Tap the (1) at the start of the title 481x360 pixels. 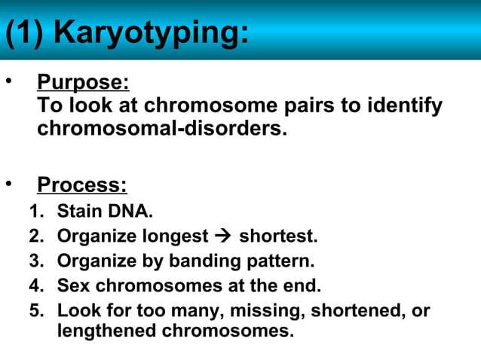[x=27, y=34]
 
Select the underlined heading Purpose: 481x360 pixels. [x=83, y=82]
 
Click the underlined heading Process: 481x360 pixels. [x=82, y=185]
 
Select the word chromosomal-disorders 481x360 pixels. [x=162, y=128]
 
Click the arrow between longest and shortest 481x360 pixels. [x=223, y=236]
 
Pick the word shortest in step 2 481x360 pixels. [x=278, y=236]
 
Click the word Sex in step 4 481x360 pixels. [x=73, y=285]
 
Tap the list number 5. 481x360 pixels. [x=34, y=310]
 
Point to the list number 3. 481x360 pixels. [x=34, y=261]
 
